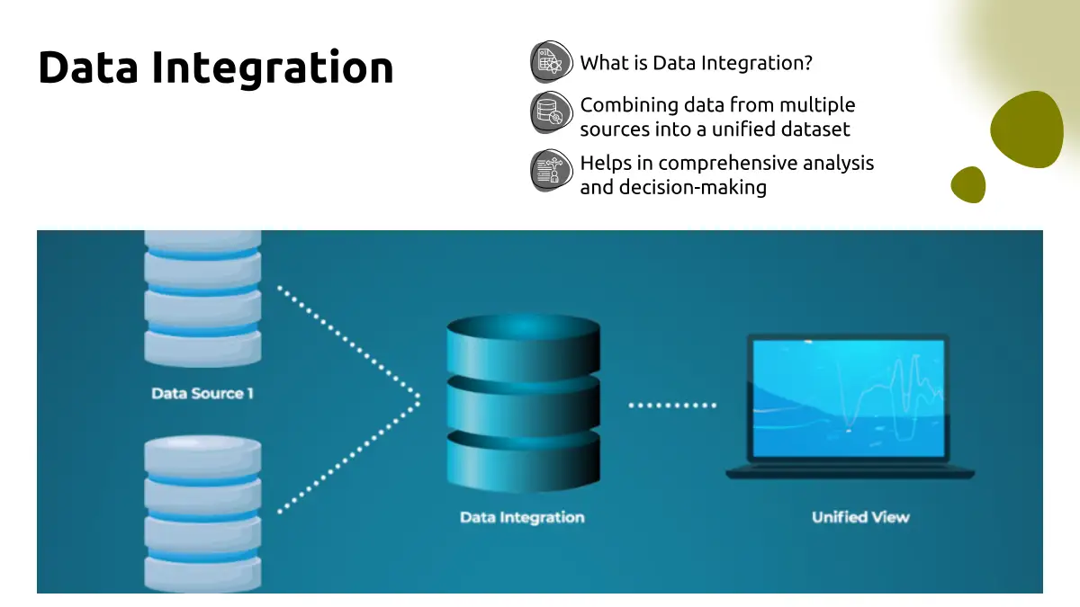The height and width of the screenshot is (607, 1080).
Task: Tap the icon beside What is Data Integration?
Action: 551,62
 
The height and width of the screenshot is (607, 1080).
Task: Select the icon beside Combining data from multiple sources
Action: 551,113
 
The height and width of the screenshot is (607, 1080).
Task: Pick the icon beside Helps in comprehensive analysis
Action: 551,170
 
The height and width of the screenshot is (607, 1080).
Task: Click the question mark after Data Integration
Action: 808,63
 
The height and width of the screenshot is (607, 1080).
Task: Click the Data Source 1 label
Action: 202,393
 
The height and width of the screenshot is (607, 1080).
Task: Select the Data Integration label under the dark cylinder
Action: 522,517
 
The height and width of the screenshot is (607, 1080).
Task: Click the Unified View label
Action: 860,517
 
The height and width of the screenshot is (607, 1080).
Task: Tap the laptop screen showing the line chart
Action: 849,396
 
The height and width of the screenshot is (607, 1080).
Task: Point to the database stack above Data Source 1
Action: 202,297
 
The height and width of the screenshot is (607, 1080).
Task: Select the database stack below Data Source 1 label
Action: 202,513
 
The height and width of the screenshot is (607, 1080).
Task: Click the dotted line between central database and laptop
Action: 672,405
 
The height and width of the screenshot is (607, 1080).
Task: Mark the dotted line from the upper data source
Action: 346,340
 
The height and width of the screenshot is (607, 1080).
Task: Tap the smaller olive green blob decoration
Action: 968,184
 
